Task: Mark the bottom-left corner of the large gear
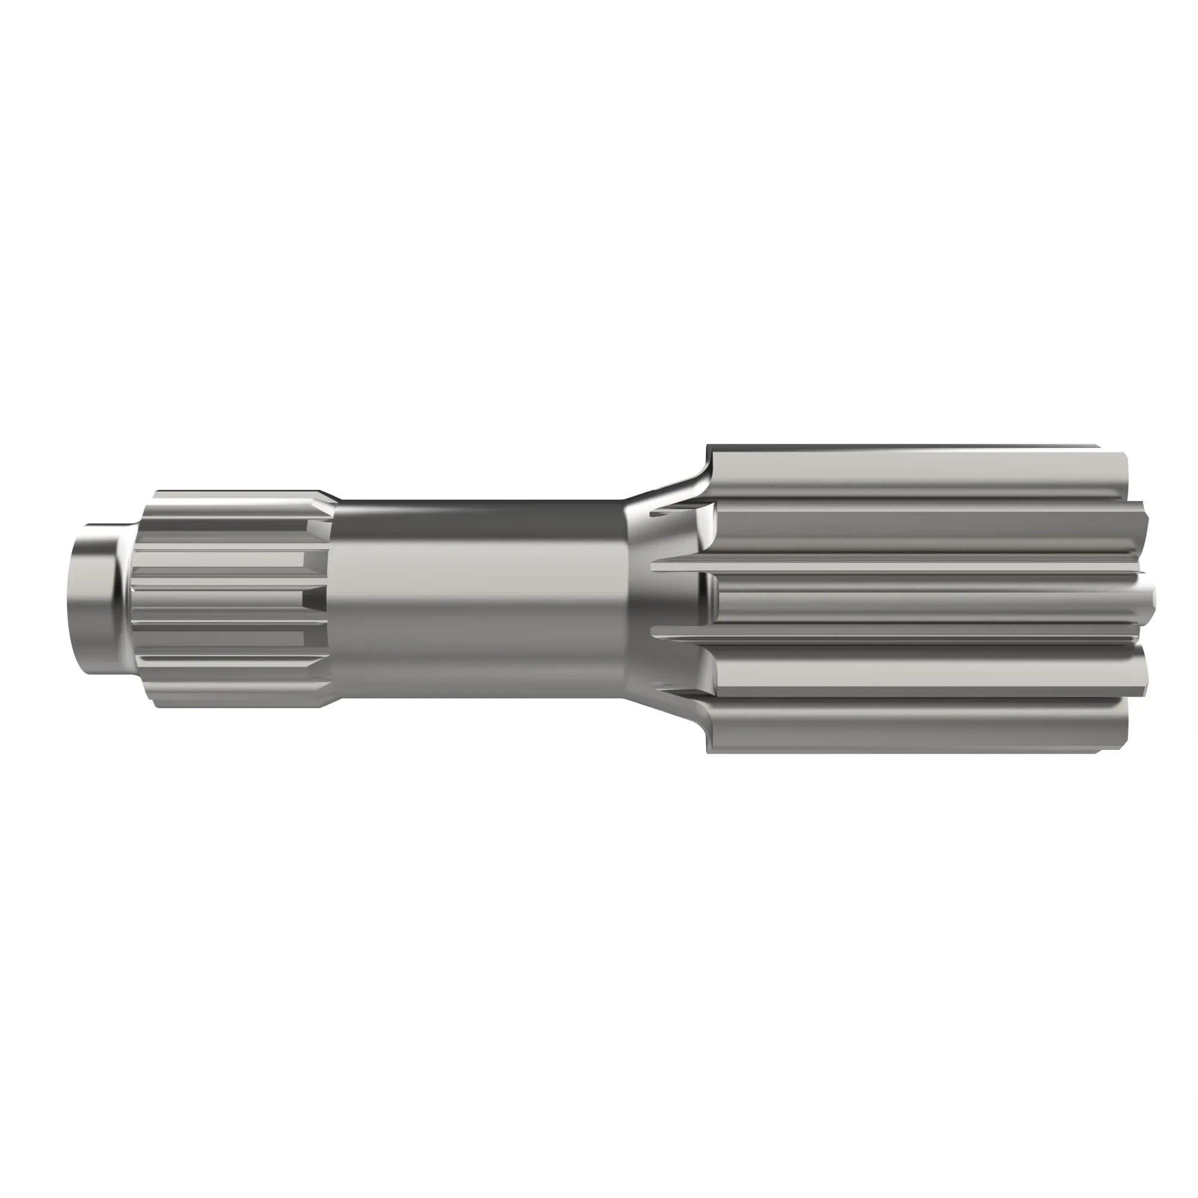(708, 752)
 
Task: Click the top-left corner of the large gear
(708, 447)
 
